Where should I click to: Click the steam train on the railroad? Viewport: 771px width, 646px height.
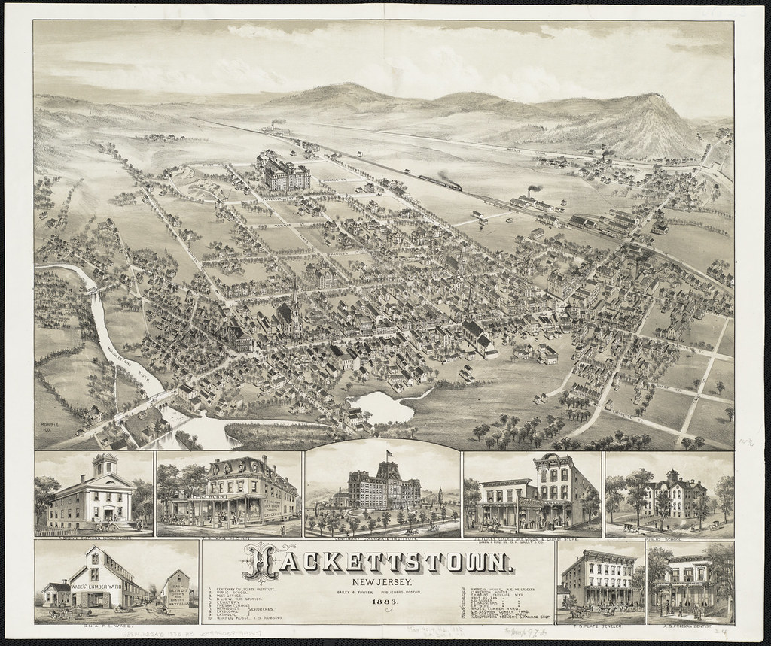click(441, 181)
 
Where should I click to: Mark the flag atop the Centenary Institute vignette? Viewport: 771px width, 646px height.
click(389, 456)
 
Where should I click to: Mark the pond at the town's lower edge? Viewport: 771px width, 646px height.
click(386, 407)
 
